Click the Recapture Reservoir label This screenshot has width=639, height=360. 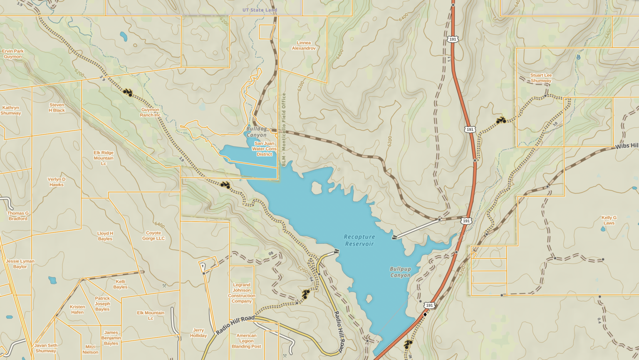359,240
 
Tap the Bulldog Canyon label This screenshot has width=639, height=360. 256,132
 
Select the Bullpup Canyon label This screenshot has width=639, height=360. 400,272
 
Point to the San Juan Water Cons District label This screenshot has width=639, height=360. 264,149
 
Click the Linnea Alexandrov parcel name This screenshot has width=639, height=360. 304,45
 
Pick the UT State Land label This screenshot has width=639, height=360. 260,10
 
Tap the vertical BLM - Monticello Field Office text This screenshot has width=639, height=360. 284,129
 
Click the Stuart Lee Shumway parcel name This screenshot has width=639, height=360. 541,78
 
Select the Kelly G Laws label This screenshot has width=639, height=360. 609,220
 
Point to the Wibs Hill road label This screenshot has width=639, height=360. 627,146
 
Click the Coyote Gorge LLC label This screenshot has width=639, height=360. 154,236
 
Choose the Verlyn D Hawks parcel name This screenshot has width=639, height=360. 57,182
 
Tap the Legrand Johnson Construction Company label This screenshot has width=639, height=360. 241,293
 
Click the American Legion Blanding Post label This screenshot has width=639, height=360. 246,341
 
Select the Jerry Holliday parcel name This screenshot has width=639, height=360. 198,333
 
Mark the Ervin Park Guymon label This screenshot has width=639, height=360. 13,54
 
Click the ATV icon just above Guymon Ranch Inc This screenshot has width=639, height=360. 128,92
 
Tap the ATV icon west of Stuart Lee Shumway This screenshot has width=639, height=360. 501,120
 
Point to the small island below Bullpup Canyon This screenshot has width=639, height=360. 369,298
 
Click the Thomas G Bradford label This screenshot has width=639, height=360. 18,216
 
